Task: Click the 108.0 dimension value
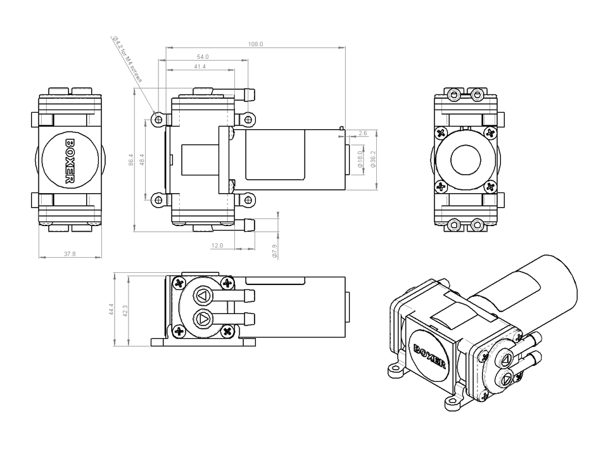tap(255, 44)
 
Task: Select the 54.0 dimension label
tap(203, 57)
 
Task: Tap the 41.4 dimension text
tap(200, 66)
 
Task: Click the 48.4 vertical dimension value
tap(142, 160)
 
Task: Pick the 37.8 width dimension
tap(70, 254)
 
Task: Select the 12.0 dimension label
tap(217, 245)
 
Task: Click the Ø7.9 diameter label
tap(275, 251)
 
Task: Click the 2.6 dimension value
tap(363, 134)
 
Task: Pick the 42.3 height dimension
tap(124, 310)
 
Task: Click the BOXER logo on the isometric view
tap(430, 357)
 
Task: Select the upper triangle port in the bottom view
tap(203, 296)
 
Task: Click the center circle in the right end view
tap(465, 161)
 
